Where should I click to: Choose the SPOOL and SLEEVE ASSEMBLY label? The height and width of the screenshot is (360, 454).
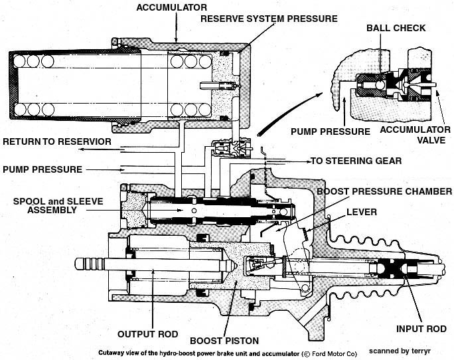(52, 205)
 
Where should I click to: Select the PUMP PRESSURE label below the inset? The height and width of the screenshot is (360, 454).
(331, 132)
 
